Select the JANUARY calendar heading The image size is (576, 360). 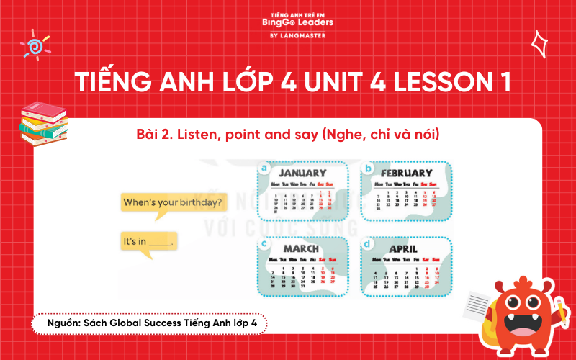[x=302, y=174]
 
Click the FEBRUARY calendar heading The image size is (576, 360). [x=406, y=174]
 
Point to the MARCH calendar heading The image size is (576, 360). [x=301, y=248]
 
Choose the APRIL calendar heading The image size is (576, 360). [x=403, y=248]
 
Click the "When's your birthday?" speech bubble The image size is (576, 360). [x=173, y=202]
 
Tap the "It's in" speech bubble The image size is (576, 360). [x=148, y=243]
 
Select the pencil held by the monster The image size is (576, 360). [x=559, y=310]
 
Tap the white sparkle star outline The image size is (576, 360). [x=539, y=44]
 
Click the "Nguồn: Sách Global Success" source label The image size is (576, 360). [x=145, y=324]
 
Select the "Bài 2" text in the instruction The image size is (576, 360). [x=152, y=135]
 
